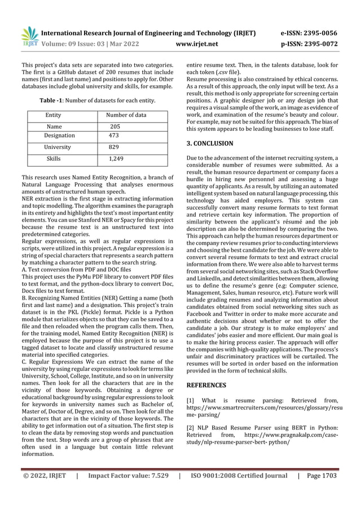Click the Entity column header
(x=54, y=115)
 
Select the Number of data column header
(x=126, y=115)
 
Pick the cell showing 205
(x=115, y=127)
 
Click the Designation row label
(x=59, y=135)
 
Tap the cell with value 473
(x=114, y=135)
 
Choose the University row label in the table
(x=58, y=147)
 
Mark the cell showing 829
(x=114, y=147)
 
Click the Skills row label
(x=54, y=160)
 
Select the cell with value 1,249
(x=117, y=160)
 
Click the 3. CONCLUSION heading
(x=209, y=144)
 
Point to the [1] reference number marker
(x=190, y=401)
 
